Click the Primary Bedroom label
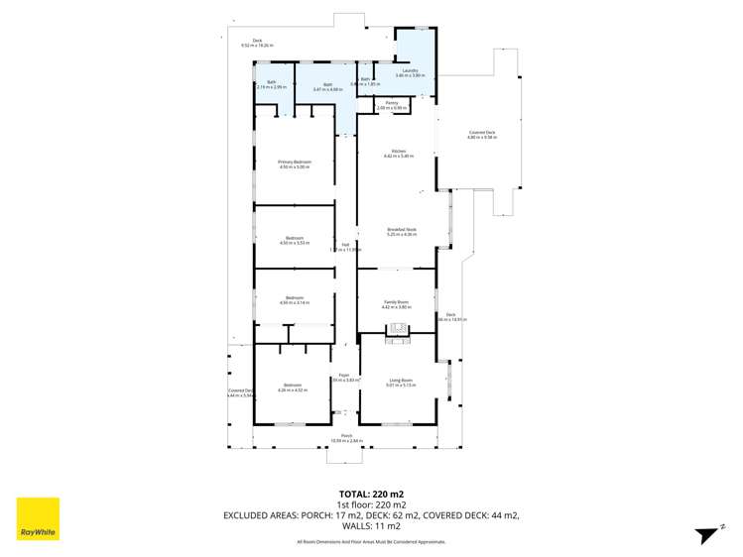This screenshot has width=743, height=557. click(x=295, y=164)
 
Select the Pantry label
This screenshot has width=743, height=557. click(x=392, y=104)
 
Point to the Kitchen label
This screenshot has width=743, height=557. click(x=398, y=153)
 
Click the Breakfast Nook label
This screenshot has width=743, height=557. click(x=402, y=231)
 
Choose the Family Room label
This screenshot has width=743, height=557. click(x=396, y=303)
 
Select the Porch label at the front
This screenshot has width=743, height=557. click(x=347, y=437)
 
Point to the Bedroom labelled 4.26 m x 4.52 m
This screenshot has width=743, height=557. click(x=293, y=387)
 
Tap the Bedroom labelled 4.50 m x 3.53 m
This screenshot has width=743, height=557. click(x=295, y=240)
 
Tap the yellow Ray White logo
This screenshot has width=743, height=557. click(x=38, y=518)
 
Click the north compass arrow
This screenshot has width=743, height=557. click(x=706, y=534)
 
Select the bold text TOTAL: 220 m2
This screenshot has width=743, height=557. click(x=371, y=493)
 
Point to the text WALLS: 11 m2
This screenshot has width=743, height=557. click(x=371, y=526)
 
